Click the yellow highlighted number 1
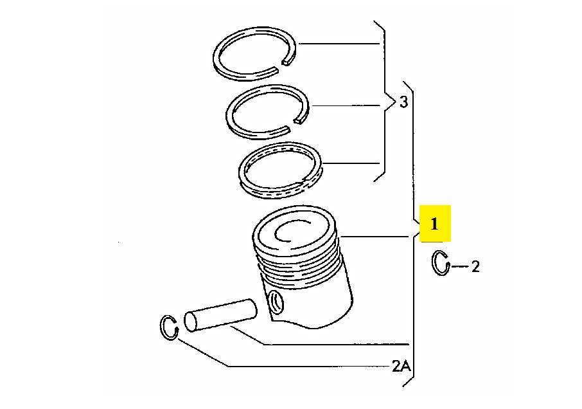click(435, 224)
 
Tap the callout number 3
click(403, 102)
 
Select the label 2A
click(401, 367)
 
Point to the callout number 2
click(475, 266)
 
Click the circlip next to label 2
click(434, 264)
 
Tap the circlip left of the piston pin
click(163, 327)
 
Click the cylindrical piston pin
click(220, 315)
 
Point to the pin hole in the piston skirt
click(276, 302)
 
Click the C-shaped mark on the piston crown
click(276, 233)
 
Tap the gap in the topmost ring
click(281, 66)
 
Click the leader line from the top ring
click(339, 44)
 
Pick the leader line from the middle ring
click(347, 106)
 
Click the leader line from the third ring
click(351, 163)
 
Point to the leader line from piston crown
click(375, 236)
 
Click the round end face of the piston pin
click(191, 322)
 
